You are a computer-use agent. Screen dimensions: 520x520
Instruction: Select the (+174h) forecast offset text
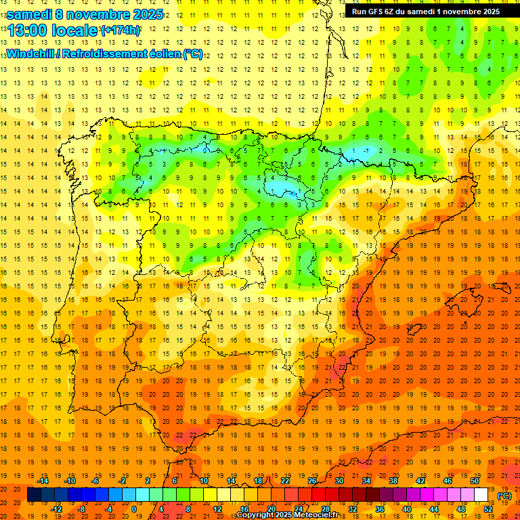120,30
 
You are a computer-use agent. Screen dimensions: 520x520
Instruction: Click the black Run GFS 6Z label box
426,12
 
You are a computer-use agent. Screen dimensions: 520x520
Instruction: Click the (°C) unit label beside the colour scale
504,496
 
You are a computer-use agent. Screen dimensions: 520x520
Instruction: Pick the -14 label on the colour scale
43,481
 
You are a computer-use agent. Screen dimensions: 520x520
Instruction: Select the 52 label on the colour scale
488,509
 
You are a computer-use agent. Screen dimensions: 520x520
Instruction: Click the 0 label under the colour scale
134,509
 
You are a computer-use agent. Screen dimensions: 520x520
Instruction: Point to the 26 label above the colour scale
312,481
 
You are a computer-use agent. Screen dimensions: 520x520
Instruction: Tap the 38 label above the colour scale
393,481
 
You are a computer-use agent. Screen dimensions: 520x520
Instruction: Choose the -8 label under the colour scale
81,509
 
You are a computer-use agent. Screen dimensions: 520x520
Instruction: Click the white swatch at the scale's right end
481,495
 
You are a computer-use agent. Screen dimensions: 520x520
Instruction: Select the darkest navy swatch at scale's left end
34,495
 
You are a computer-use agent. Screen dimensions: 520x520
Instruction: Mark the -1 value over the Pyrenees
366,150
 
